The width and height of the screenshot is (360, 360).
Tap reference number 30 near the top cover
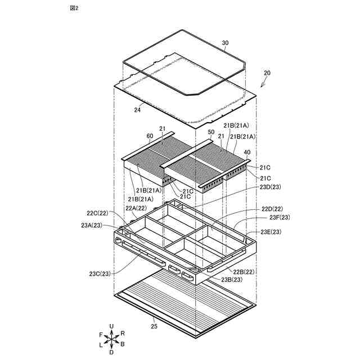pyautogui.click(x=226, y=43)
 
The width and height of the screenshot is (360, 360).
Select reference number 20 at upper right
pyautogui.click(x=267, y=73)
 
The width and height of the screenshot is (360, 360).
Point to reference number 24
pyautogui.click(x=137, y=110)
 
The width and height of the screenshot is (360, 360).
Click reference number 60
pyautogui.click(x=150, y=136)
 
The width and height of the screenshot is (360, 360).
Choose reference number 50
pyautogui.click(x=211, y=132)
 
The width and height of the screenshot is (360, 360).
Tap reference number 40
pyautogui.click(x=247, y=152)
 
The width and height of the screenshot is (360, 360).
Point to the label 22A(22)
pyautogui.click(x=137, y=208)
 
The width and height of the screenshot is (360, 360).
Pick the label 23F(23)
pyautogui.click(x=280, y=218)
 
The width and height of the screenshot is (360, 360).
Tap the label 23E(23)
pyautogui.click(x=271, y=232)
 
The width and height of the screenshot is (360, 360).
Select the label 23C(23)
pyautogui.click(x=100, y=274)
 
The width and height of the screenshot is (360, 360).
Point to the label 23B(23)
pyautogui.click(x=232, y=279)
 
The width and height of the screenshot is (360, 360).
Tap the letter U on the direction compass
pyautogui.click(x=111, y=326)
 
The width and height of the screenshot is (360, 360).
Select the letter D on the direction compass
pyautogui.click(x=111, y=352)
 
